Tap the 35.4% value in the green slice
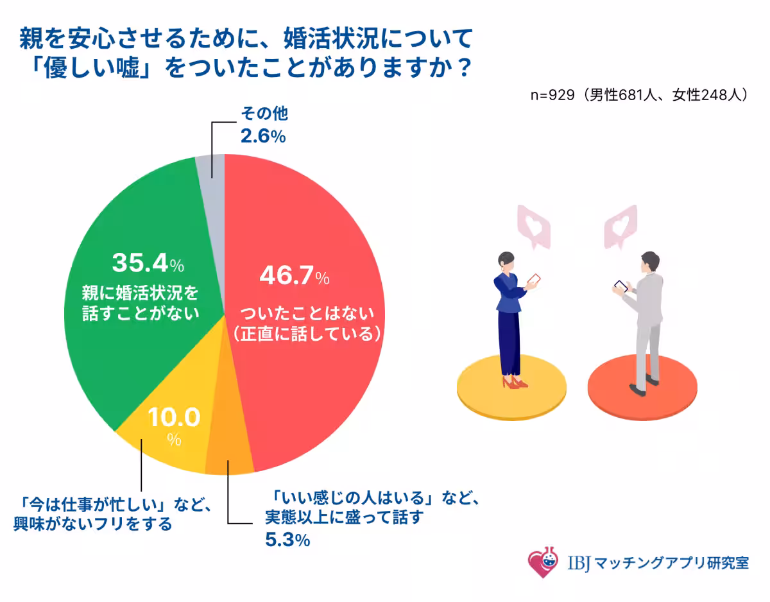coord(148,262)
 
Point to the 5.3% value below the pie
coord(287,540)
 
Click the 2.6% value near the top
coord(262,136)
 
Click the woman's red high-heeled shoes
coord(514,383)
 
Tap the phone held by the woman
coord(533,280)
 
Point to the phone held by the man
coord(620,286)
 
